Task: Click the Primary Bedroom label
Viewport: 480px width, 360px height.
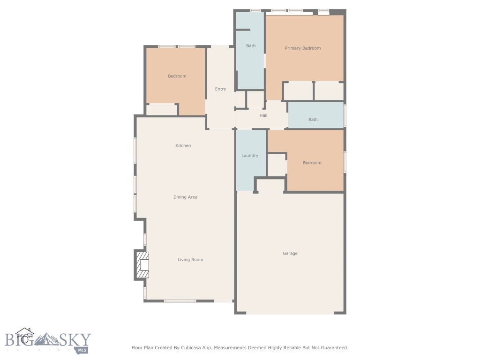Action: (x=303, y=48)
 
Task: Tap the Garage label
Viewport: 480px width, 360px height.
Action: (x=290, y=254)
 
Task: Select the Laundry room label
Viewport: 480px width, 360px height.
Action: (x=250, y=156)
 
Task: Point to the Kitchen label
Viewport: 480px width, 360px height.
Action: (x=183, y=146)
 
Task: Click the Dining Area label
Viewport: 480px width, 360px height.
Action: (x=185, y=197)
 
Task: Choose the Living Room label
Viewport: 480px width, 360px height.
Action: (x=190, y=260)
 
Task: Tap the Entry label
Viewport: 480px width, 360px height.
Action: (x=220, y=89)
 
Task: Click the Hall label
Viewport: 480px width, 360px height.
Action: (x=263, y=115)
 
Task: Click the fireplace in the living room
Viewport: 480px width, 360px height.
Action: (x=142, y=265)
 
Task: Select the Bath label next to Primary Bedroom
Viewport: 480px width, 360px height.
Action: (x=251, y=46)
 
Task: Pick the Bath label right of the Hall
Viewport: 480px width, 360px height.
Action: (x=313, y=120)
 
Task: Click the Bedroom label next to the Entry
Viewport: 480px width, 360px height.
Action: (x=177, y=76)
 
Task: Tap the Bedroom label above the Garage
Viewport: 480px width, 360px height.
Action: (x=312, y=163)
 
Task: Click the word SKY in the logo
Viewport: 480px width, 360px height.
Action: (x=74, y=339)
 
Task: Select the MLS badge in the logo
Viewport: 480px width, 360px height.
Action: (x=82, y=350)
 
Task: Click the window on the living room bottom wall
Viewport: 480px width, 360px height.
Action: (x=180, y=301)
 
